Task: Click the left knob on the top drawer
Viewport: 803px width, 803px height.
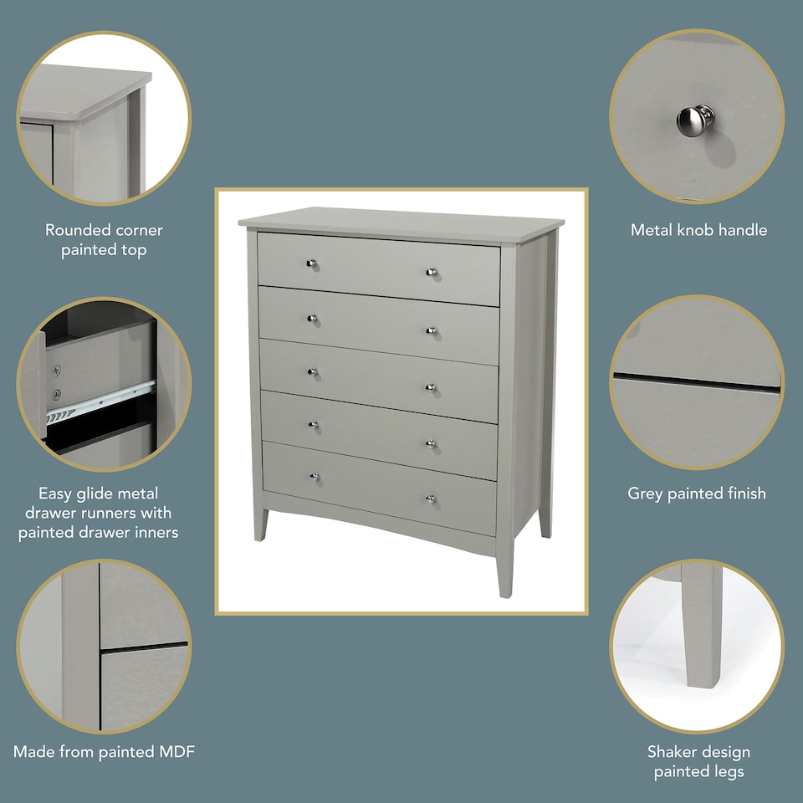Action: pos(311,264)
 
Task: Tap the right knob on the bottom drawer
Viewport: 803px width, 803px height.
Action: pos(431,500)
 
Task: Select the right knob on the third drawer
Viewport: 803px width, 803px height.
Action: pos(432,387)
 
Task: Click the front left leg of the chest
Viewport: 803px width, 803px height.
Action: pos(260,523)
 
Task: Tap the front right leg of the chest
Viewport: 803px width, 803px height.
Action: pos(504,573)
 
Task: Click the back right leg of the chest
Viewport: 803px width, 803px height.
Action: pos(545,519)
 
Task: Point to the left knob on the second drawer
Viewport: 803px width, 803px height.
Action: pos(311,319)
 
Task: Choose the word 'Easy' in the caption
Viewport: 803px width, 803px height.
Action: pos(57,494)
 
